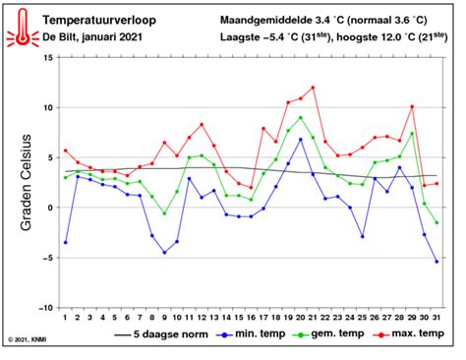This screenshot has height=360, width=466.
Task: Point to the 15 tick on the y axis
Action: [x=44, y=59]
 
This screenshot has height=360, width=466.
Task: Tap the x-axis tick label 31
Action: [x=437, y=316]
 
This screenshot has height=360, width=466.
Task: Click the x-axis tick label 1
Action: [x=65, y=316]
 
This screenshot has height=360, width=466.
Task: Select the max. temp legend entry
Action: [x=410, y=335]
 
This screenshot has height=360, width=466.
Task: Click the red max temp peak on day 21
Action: [x=313, y=88]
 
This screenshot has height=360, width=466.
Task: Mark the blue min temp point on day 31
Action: [x=437, y=262]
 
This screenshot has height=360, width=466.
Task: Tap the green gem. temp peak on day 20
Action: [x=301, y=118]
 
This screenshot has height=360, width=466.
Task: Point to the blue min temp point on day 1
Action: [x=65, y=242]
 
